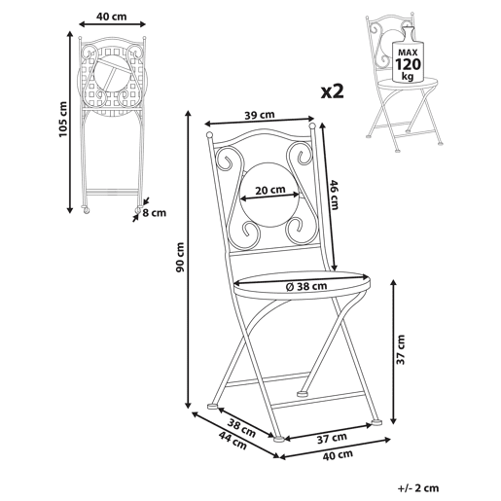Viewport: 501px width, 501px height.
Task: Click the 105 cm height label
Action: point(63,120)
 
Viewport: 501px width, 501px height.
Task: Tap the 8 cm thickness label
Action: point(154,213)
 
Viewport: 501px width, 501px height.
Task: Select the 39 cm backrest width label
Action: point(259,115)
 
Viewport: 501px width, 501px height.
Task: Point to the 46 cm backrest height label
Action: point(335,195)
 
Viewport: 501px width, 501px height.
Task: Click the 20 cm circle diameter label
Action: point(270,190)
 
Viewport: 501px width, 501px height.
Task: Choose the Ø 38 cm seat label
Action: point(306,286)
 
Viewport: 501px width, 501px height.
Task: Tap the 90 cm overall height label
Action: point(180,257)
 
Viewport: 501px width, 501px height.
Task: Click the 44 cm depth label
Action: point(233,441)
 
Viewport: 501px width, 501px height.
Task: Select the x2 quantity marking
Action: point(332,91)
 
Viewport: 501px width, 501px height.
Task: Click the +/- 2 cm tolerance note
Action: point(418,487)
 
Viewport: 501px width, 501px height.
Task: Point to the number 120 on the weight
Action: point(408,64)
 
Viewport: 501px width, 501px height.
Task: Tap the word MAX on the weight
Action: point(408,53)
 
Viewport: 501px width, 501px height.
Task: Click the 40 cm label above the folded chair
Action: point(111,17)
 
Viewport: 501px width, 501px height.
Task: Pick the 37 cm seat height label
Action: point(401,349)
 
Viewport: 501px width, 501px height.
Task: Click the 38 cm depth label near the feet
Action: point(241,428)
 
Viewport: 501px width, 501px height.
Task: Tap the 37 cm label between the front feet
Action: point(332,439)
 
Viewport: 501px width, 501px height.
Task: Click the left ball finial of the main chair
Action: point(209,134)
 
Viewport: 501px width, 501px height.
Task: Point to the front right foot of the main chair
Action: point(376,422)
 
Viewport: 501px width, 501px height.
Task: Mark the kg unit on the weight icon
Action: point(408,77)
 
